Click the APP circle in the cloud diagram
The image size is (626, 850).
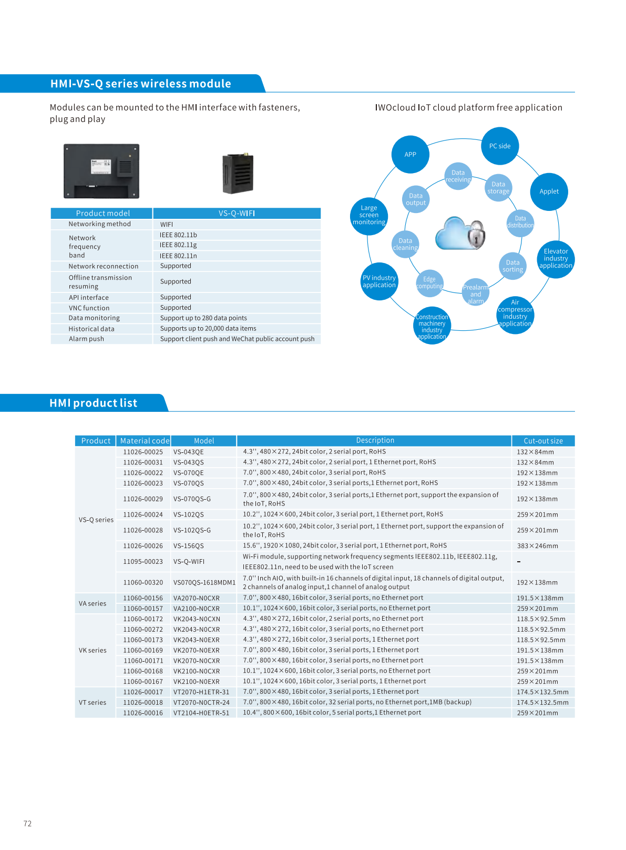coord(410,154)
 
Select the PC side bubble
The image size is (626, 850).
coord(500,146)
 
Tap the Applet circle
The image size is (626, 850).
coord(549,191)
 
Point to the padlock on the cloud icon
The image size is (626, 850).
coord(477,234)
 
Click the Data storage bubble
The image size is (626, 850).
coord(498,188)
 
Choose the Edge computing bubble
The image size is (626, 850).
coord(429,283)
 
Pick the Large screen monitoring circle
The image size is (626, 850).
coord(369,215)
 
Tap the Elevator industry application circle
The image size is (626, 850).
coord(556,258)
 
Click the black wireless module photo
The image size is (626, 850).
coord(238,174)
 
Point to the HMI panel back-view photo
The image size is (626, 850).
coord(101,171)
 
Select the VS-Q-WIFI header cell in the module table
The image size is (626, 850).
coord(237,213)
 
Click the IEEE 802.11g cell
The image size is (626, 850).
coord(179,245)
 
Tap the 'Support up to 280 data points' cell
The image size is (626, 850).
coord(203,318)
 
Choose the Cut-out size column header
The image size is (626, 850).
coord(543,441)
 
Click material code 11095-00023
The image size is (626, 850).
coord(143,562)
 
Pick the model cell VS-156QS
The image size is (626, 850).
coord(189,546)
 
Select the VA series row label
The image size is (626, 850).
coord(93,603)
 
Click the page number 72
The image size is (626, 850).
coord(28,824)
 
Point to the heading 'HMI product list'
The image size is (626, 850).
coord(94,403)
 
